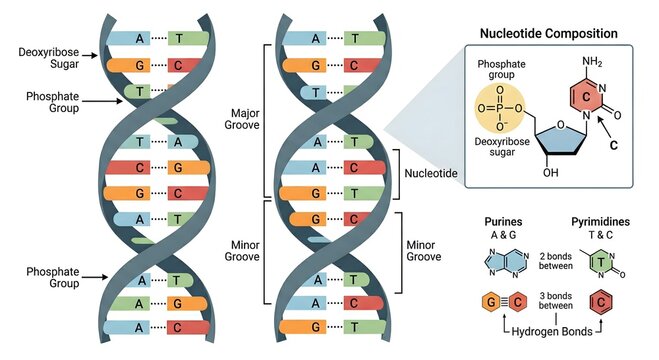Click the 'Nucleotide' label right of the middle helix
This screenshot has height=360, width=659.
pos(432,172)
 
